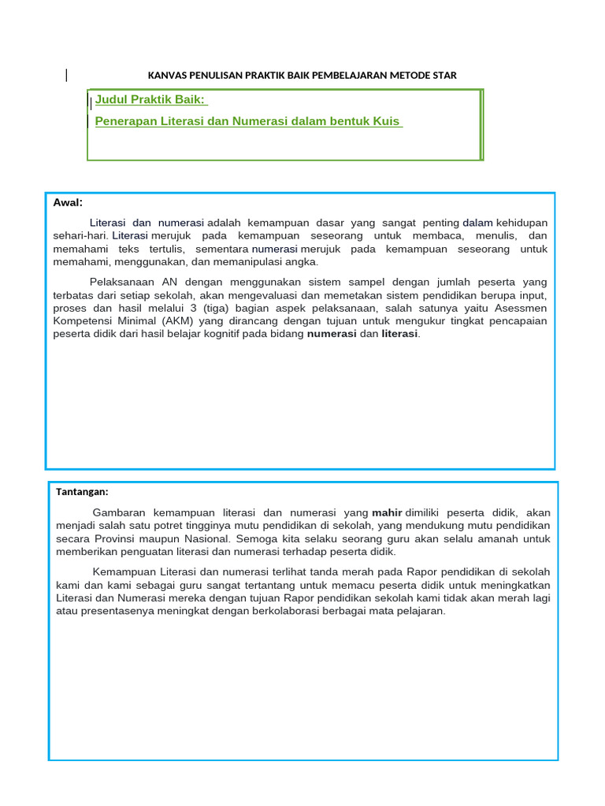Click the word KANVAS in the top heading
(165, 76)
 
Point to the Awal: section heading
(68, 203)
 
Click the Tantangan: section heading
(82, 492)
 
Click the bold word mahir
(387, 512)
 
